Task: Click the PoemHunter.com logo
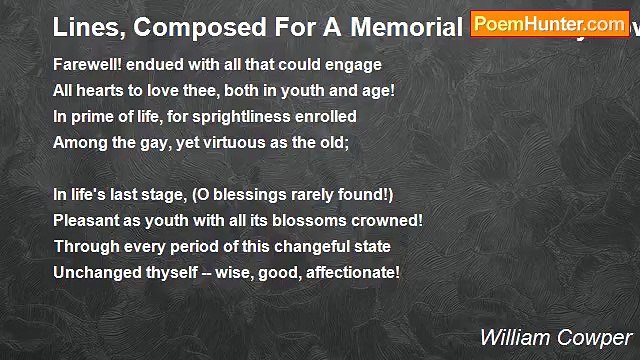[x=549, y=24]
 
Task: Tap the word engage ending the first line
[x=356, y=65]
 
